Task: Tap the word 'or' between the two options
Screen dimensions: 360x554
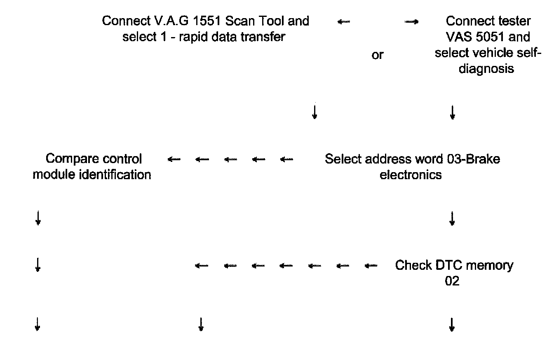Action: (377, 55)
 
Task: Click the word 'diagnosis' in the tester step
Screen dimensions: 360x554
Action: (486, 68)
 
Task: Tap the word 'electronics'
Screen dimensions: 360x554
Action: (411, 175)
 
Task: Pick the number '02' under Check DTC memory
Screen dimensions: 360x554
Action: (452, 281)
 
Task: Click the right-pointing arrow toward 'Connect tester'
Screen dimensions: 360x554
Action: (411, 22)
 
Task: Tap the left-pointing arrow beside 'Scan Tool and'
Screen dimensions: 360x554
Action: (344, 22)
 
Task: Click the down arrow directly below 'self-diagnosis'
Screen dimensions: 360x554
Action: (452, 112)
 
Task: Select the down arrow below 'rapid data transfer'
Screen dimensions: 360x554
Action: (315, 112)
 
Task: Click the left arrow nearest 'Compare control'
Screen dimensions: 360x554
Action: (174, 159)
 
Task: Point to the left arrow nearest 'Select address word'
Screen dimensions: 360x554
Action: (286, 159)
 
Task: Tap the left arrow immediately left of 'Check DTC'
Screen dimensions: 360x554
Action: (371, 266)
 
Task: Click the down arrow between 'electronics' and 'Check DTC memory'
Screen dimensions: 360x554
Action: (452, 219)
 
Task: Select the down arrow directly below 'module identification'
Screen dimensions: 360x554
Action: (38, 219)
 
